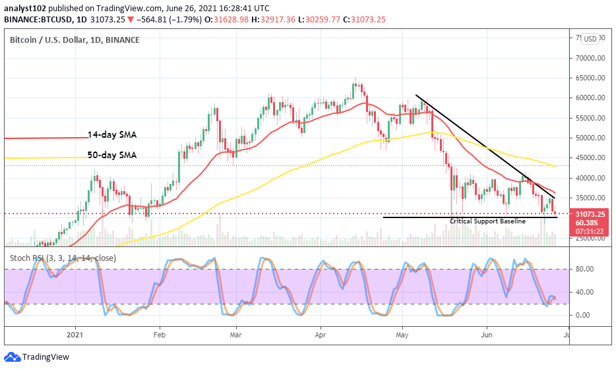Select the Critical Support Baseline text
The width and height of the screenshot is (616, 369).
coord(487,221)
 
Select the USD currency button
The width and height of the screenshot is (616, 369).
coord(590,39)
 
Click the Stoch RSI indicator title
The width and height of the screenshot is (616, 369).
coord(63,258)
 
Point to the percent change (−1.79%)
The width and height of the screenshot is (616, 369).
coord(173,20)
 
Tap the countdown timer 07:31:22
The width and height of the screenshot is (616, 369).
coord(588,231)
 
